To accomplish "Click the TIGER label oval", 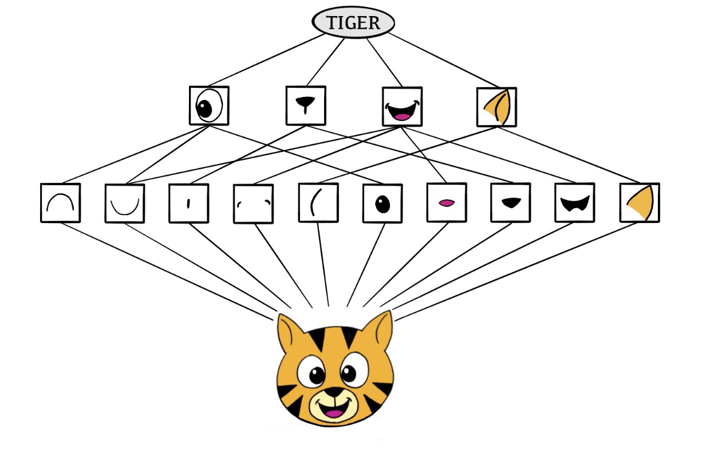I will point(353,23).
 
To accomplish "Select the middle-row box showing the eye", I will point(209,106).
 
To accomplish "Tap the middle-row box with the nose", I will point(306,106).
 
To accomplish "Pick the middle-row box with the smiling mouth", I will point(402,107).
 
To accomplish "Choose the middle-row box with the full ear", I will point(496,107).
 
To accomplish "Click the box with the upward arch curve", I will point(60,203).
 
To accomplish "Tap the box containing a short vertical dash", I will point(188,203).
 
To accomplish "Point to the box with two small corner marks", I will point(253,204).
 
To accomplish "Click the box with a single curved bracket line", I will point(318,203).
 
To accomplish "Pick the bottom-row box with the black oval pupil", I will point(382,203).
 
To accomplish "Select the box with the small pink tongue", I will point(447,202).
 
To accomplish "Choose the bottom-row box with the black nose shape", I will point(511,202).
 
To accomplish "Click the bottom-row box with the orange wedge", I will point(640,203).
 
